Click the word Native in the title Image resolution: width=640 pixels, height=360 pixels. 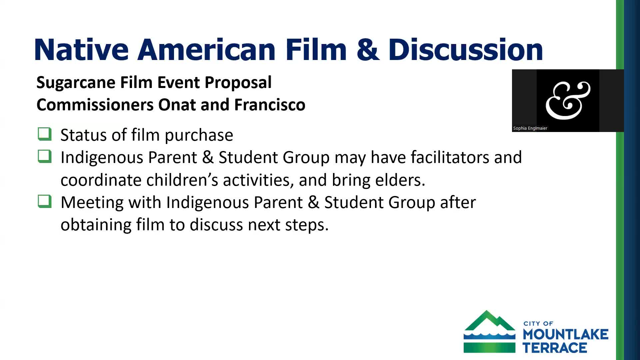click(81, 50)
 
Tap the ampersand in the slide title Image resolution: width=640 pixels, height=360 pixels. click(367, 50)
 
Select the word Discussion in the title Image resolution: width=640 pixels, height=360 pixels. click(466, 50)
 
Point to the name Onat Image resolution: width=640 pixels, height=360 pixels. click(177, 105)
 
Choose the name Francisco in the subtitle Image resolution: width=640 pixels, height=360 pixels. click(270, 105)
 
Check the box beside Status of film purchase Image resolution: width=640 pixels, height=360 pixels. click(45, 134)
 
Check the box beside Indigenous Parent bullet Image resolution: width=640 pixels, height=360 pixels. click(45, 156)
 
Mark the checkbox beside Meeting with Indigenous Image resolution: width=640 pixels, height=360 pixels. click(45, 201)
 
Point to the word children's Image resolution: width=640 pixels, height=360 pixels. click(182, 180)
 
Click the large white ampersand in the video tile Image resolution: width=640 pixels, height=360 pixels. click(568, 100)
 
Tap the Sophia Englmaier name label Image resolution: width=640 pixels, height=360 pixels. click(530, 128)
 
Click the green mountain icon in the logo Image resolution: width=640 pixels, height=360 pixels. click(489, 331)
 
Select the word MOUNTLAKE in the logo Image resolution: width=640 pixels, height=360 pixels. click(566, 334)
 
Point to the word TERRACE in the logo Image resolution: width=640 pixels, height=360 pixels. click(555, 348)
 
